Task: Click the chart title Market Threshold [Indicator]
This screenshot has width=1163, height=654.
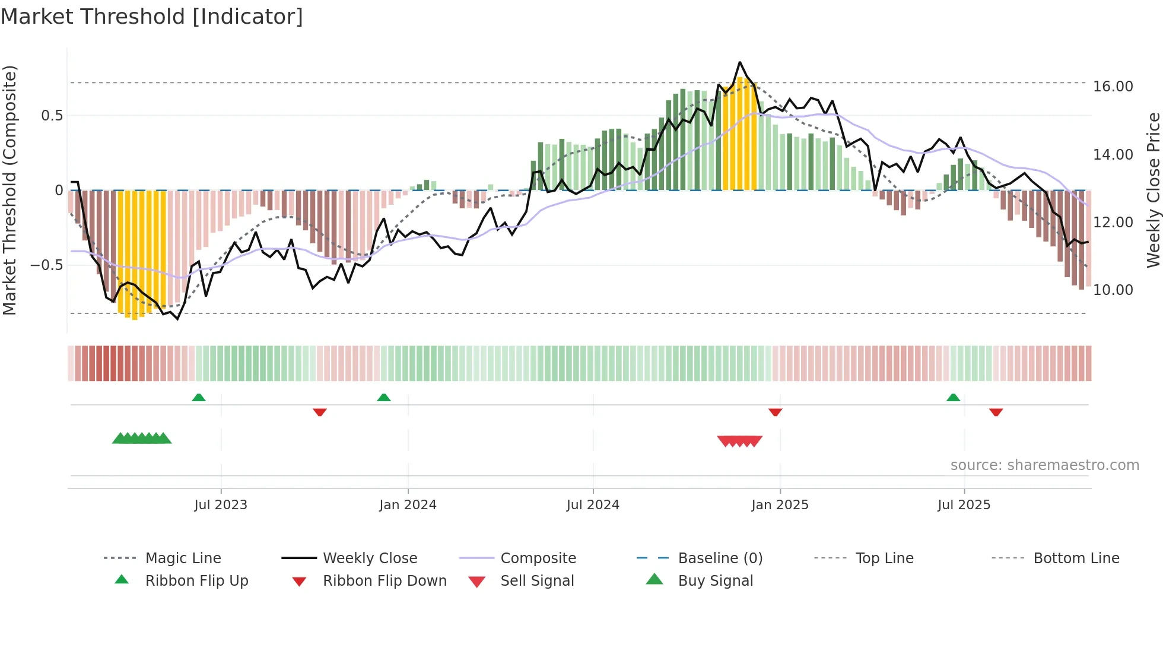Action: click(152, 17)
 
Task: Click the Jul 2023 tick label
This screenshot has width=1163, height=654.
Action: click(220, 505)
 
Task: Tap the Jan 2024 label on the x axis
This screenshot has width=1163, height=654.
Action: click(408, 505)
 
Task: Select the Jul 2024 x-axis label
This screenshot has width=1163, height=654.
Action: click(593, 505)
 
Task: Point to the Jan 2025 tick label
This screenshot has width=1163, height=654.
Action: click(780, 505)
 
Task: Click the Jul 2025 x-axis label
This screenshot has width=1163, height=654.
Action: click(964, 505)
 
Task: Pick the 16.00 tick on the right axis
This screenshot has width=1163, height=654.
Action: click(1113, 87)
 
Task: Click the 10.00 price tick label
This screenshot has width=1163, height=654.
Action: click(1113, 290)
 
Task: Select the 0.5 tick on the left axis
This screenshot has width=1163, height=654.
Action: click(52, 116)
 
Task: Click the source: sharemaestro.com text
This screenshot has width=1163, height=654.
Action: click(1044, 465)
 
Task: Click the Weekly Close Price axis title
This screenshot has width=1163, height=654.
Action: click(1153, 190)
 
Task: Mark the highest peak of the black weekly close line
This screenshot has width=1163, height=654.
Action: click(739, 62)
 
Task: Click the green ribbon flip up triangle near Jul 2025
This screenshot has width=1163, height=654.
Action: click(953, 398)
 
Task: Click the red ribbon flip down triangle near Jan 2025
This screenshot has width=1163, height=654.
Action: click(775, 412)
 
